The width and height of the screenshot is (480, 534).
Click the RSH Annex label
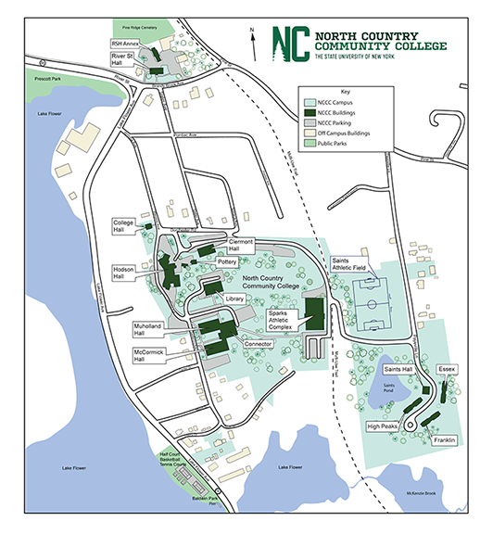[124, 43]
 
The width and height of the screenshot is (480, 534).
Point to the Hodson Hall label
[125, 272]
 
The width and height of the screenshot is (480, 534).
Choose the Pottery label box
[227, 262]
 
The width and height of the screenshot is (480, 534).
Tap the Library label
[234, 299]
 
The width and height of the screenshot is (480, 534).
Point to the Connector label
[259, 344]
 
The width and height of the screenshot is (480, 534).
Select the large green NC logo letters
[290, 44]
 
